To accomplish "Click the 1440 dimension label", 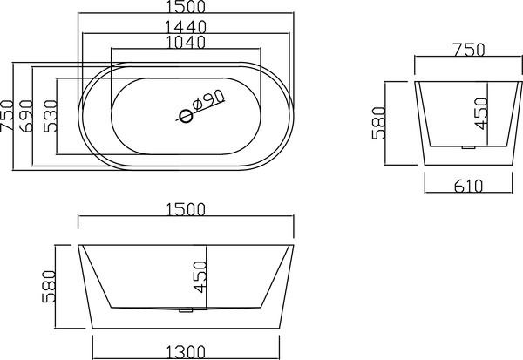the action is [x=187, y=27].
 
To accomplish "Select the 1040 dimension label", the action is [x=186, y=42].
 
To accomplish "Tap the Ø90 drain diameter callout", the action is [x=208, y=99].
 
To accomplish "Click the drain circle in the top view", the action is [x=186, y=116].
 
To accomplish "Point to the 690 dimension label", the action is [x=27, y=116].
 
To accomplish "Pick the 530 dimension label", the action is [x=51, y=116].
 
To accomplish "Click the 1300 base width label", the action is [x=186, y=352].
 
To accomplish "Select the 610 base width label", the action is [x=468, y=187].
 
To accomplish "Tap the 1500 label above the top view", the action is [x=186, y=6].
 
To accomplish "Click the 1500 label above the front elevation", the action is [x=186, y=209].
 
